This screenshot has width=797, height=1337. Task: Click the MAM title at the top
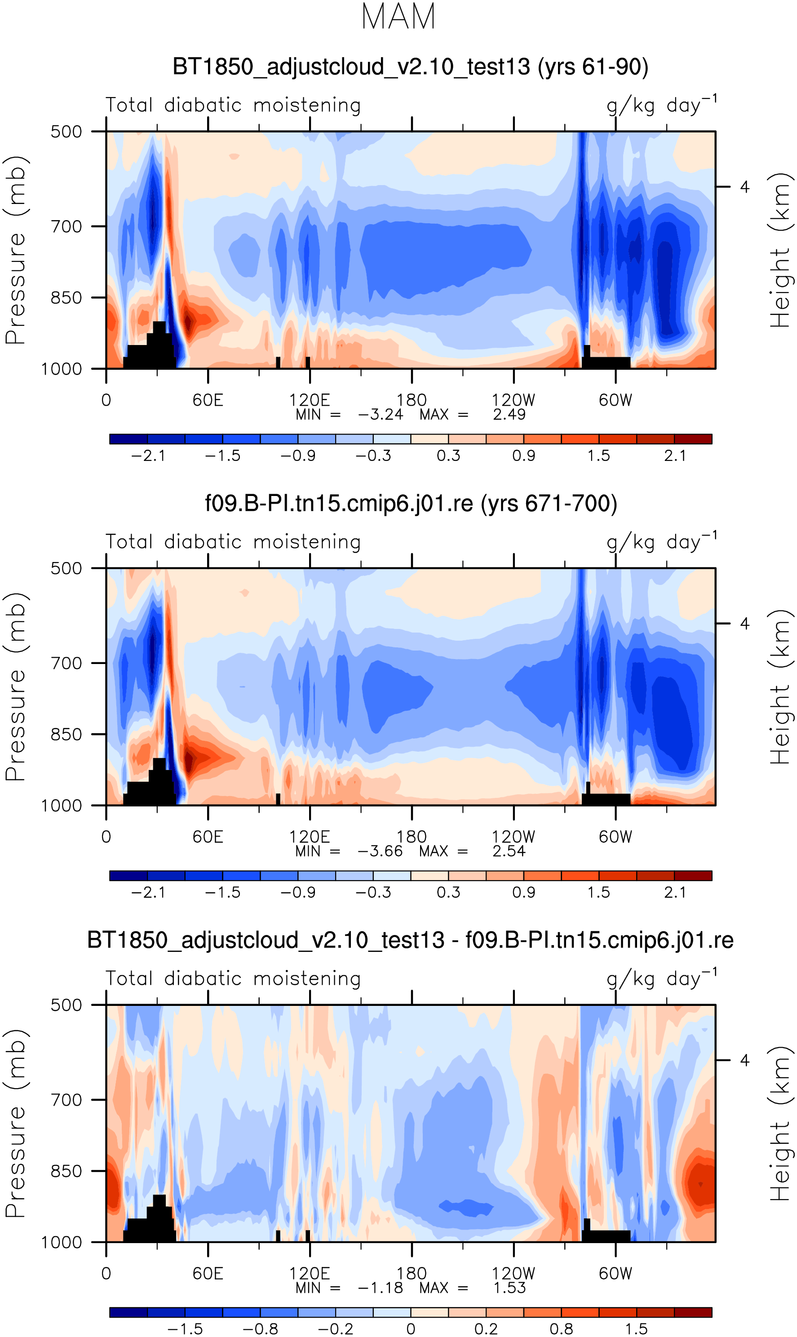(398, 17)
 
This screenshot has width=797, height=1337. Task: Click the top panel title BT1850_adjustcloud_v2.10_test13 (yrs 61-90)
(410, 67)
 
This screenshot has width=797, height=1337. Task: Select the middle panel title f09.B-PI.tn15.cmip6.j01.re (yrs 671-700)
(411, 504)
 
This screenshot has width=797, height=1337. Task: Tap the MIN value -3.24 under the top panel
(380, 415)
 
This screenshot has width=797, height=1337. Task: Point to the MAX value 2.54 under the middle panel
(509, 851)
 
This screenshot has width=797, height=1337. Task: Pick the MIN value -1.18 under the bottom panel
(380, 1288)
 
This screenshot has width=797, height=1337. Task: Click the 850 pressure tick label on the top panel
(66, 298)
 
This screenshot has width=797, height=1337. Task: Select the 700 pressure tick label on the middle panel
(66, 664)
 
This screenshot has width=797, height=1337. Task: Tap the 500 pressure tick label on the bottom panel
(66, 1005)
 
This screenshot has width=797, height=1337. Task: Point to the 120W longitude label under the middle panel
(514, 837)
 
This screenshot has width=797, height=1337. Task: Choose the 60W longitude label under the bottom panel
(615, 1273)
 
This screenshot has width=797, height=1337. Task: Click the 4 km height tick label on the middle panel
(744, 624)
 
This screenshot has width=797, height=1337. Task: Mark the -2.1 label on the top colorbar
(148, 456)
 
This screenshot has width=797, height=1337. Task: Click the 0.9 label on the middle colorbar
(524, 892)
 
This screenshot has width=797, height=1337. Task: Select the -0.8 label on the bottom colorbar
(261, 1329)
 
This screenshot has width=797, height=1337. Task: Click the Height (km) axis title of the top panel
(781, 250)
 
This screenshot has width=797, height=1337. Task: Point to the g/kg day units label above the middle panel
(661, 542)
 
